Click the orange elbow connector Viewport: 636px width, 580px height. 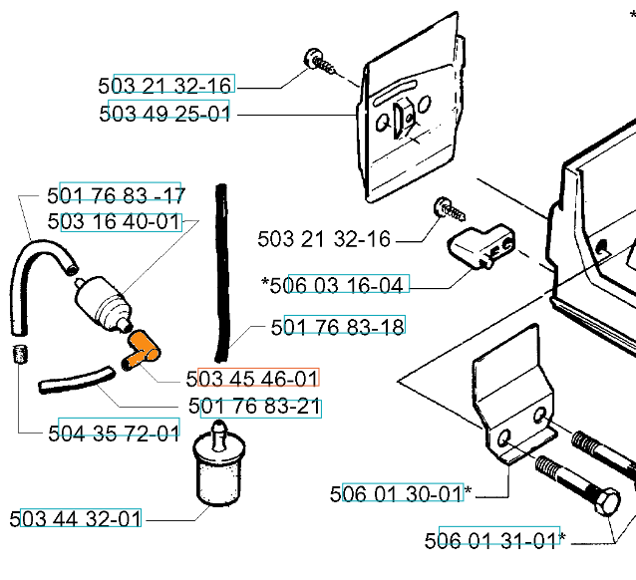click(x=143, y=350)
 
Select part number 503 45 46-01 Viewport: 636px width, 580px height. click(x=252, y=379)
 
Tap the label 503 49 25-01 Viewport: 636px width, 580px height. click(x=164, y=114)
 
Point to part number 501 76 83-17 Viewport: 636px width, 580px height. click(x=116, y=195)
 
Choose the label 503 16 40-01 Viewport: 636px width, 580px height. click(x=114, y=221)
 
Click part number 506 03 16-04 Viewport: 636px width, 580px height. click(x=336, y=285)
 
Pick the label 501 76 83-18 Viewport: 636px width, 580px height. click(x=338, y=327)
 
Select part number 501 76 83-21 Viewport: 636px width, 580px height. click(x=254, y=406)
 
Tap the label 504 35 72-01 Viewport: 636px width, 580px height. click(x=114, y=434)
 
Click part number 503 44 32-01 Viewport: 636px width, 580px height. click(x=75, y=518)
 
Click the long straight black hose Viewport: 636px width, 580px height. click(x=222, y=272)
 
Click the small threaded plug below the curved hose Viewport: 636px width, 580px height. click(x=20, y=354)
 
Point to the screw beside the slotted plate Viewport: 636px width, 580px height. click(x=319, y=62)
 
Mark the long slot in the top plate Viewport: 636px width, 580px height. click(x=395, y=93)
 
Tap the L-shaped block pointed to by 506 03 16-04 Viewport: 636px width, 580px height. click(x=480, y=245)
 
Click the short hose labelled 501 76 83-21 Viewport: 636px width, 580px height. click(x=76, y=381)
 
